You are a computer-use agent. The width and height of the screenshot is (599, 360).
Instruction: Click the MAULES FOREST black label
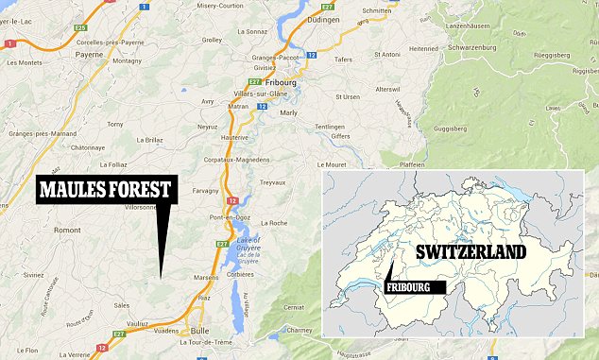(104, 189)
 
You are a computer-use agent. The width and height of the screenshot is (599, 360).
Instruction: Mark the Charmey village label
(299, 330)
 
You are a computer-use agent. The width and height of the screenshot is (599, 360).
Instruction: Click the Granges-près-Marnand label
(41, 135)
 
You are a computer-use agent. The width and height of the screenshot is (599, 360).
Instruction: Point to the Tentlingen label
(330, 126)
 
